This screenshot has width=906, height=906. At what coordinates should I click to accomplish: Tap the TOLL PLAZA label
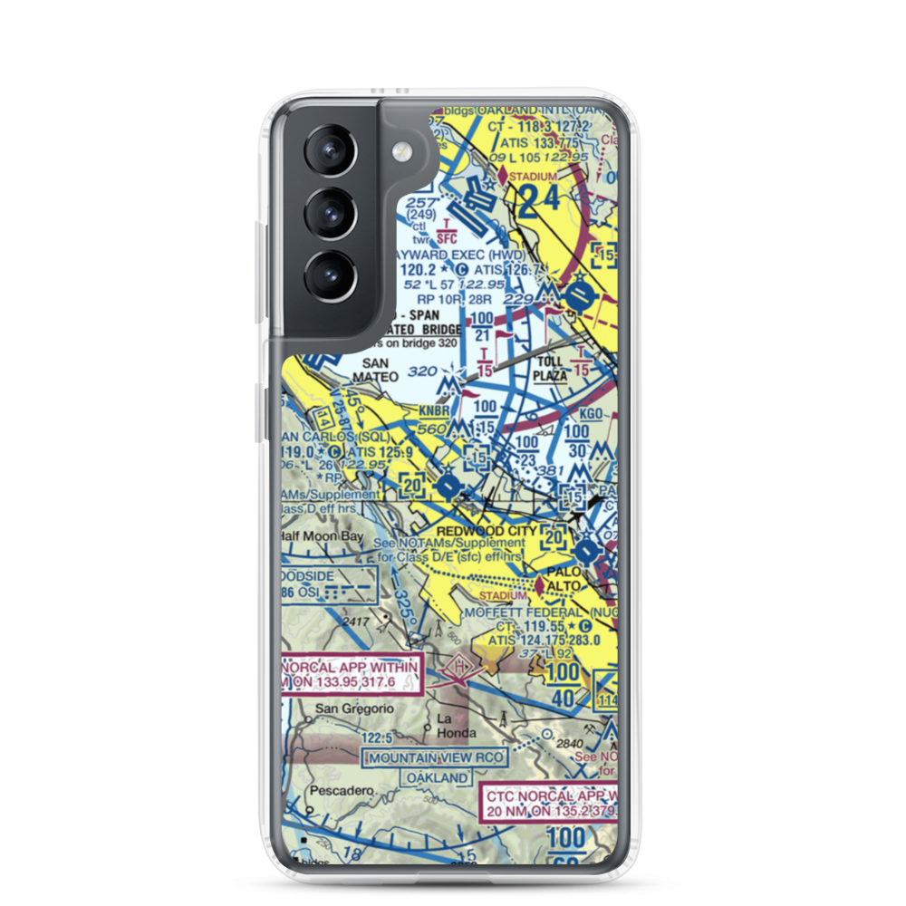[550, 366]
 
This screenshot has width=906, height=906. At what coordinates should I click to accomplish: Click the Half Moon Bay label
[323, 536]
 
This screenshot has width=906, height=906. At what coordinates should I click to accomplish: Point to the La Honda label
[457, 725]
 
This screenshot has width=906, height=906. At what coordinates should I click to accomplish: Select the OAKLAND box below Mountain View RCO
[438, 778]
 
